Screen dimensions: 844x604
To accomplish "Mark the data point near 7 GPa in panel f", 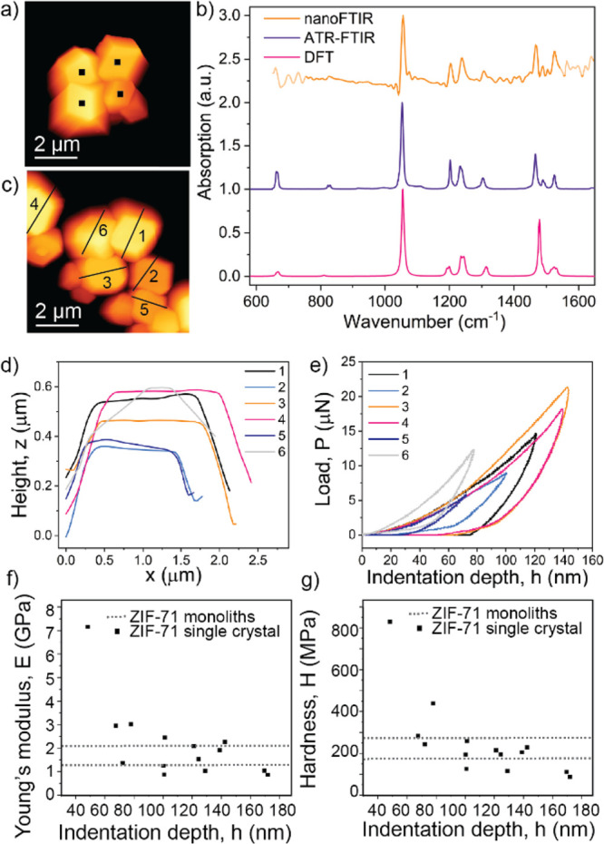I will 88,652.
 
